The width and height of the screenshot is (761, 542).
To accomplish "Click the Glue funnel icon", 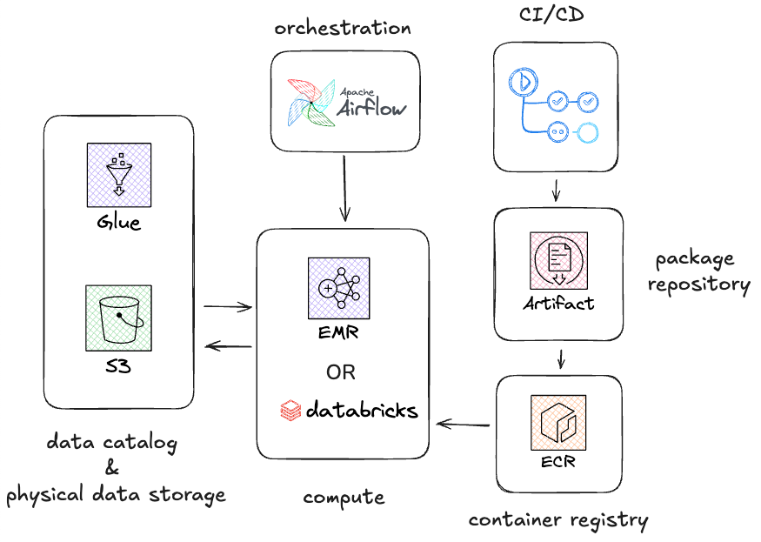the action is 119,175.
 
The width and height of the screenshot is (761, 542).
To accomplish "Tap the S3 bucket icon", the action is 119,318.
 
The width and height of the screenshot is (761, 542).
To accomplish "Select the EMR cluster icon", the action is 339,289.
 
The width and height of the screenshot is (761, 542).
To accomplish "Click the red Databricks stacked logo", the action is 290,410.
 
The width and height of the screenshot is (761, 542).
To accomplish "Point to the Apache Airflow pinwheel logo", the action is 310,103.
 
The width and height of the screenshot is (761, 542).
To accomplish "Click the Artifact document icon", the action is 558,260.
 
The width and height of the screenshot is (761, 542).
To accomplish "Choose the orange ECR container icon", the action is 558,423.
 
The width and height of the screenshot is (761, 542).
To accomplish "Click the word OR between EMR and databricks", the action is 341,372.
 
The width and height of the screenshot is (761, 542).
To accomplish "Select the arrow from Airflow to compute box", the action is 344,189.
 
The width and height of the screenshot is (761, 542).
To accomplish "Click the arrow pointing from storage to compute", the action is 228,306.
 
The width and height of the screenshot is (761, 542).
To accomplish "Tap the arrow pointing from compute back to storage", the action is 228,346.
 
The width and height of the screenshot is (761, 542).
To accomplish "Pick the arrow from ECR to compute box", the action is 463,425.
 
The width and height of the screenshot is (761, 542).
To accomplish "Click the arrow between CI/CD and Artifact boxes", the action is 557,190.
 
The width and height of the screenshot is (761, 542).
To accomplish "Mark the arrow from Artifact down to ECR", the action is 561,359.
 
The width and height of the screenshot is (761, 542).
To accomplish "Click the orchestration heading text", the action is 343,28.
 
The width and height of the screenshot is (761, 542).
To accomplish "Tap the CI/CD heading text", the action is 551,14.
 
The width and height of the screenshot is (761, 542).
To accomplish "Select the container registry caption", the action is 558,520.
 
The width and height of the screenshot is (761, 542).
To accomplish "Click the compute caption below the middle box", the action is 344,498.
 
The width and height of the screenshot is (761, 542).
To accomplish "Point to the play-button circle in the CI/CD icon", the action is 524,81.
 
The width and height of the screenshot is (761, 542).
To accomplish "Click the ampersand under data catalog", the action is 112,468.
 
